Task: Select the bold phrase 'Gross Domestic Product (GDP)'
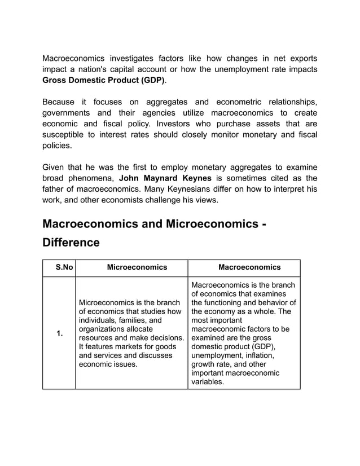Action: pyautogui.click(x=104, y=80)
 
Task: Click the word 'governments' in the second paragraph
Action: pyautogui.click(x=68, y=113)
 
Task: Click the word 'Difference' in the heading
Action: pyautogui.click(x=71, y=243)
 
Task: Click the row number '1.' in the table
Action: pyautogui.click(x=59, y=333)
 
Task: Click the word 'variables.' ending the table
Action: pyautogui.click(x=208, y=381)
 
